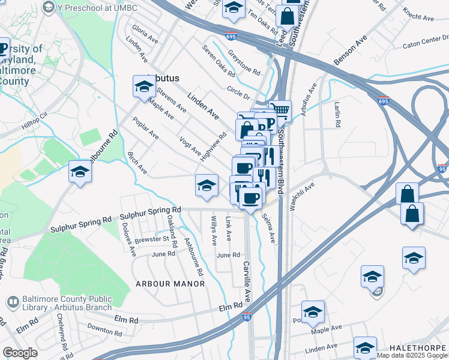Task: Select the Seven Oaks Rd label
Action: pos(218,61)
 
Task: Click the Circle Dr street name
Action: pos(238,93)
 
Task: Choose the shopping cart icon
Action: pos(280,112)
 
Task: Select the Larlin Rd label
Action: pos(337,114)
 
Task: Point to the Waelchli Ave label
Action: pos(303,197)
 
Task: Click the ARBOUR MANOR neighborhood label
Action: pos(170,283)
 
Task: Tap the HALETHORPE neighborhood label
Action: pos(418,348)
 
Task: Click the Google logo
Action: pos(20,353)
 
